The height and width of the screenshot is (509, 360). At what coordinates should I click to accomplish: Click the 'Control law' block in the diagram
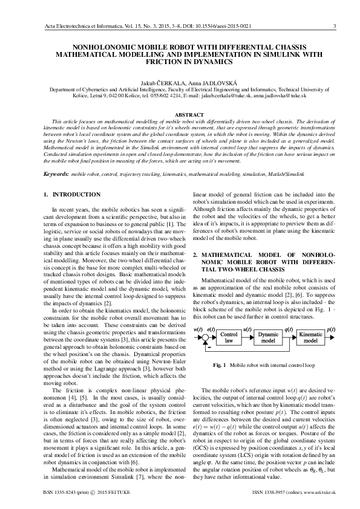[228, 337]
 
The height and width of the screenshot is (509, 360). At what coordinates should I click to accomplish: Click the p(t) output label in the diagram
[331, 329]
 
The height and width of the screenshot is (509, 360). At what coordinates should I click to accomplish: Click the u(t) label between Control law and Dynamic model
[246, 329]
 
